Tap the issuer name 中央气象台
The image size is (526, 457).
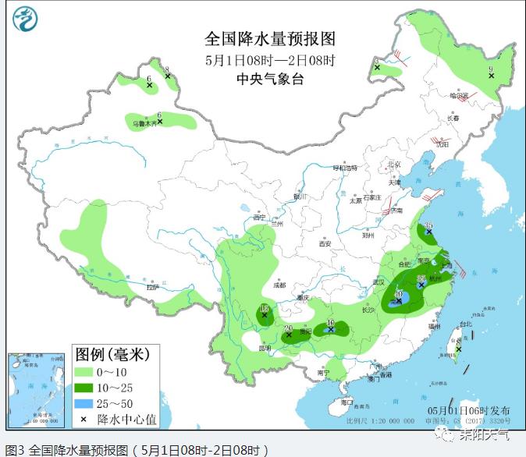click(269, 79)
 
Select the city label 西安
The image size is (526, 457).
click(325, 244)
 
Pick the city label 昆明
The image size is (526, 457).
click(264, 348)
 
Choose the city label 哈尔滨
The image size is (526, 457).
click(459, 96)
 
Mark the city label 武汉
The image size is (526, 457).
click(379, 282)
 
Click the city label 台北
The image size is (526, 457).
click(465, 324)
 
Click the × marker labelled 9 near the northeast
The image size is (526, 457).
click(491, 76)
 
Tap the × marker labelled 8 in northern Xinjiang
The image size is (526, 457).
click(167, 76)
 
